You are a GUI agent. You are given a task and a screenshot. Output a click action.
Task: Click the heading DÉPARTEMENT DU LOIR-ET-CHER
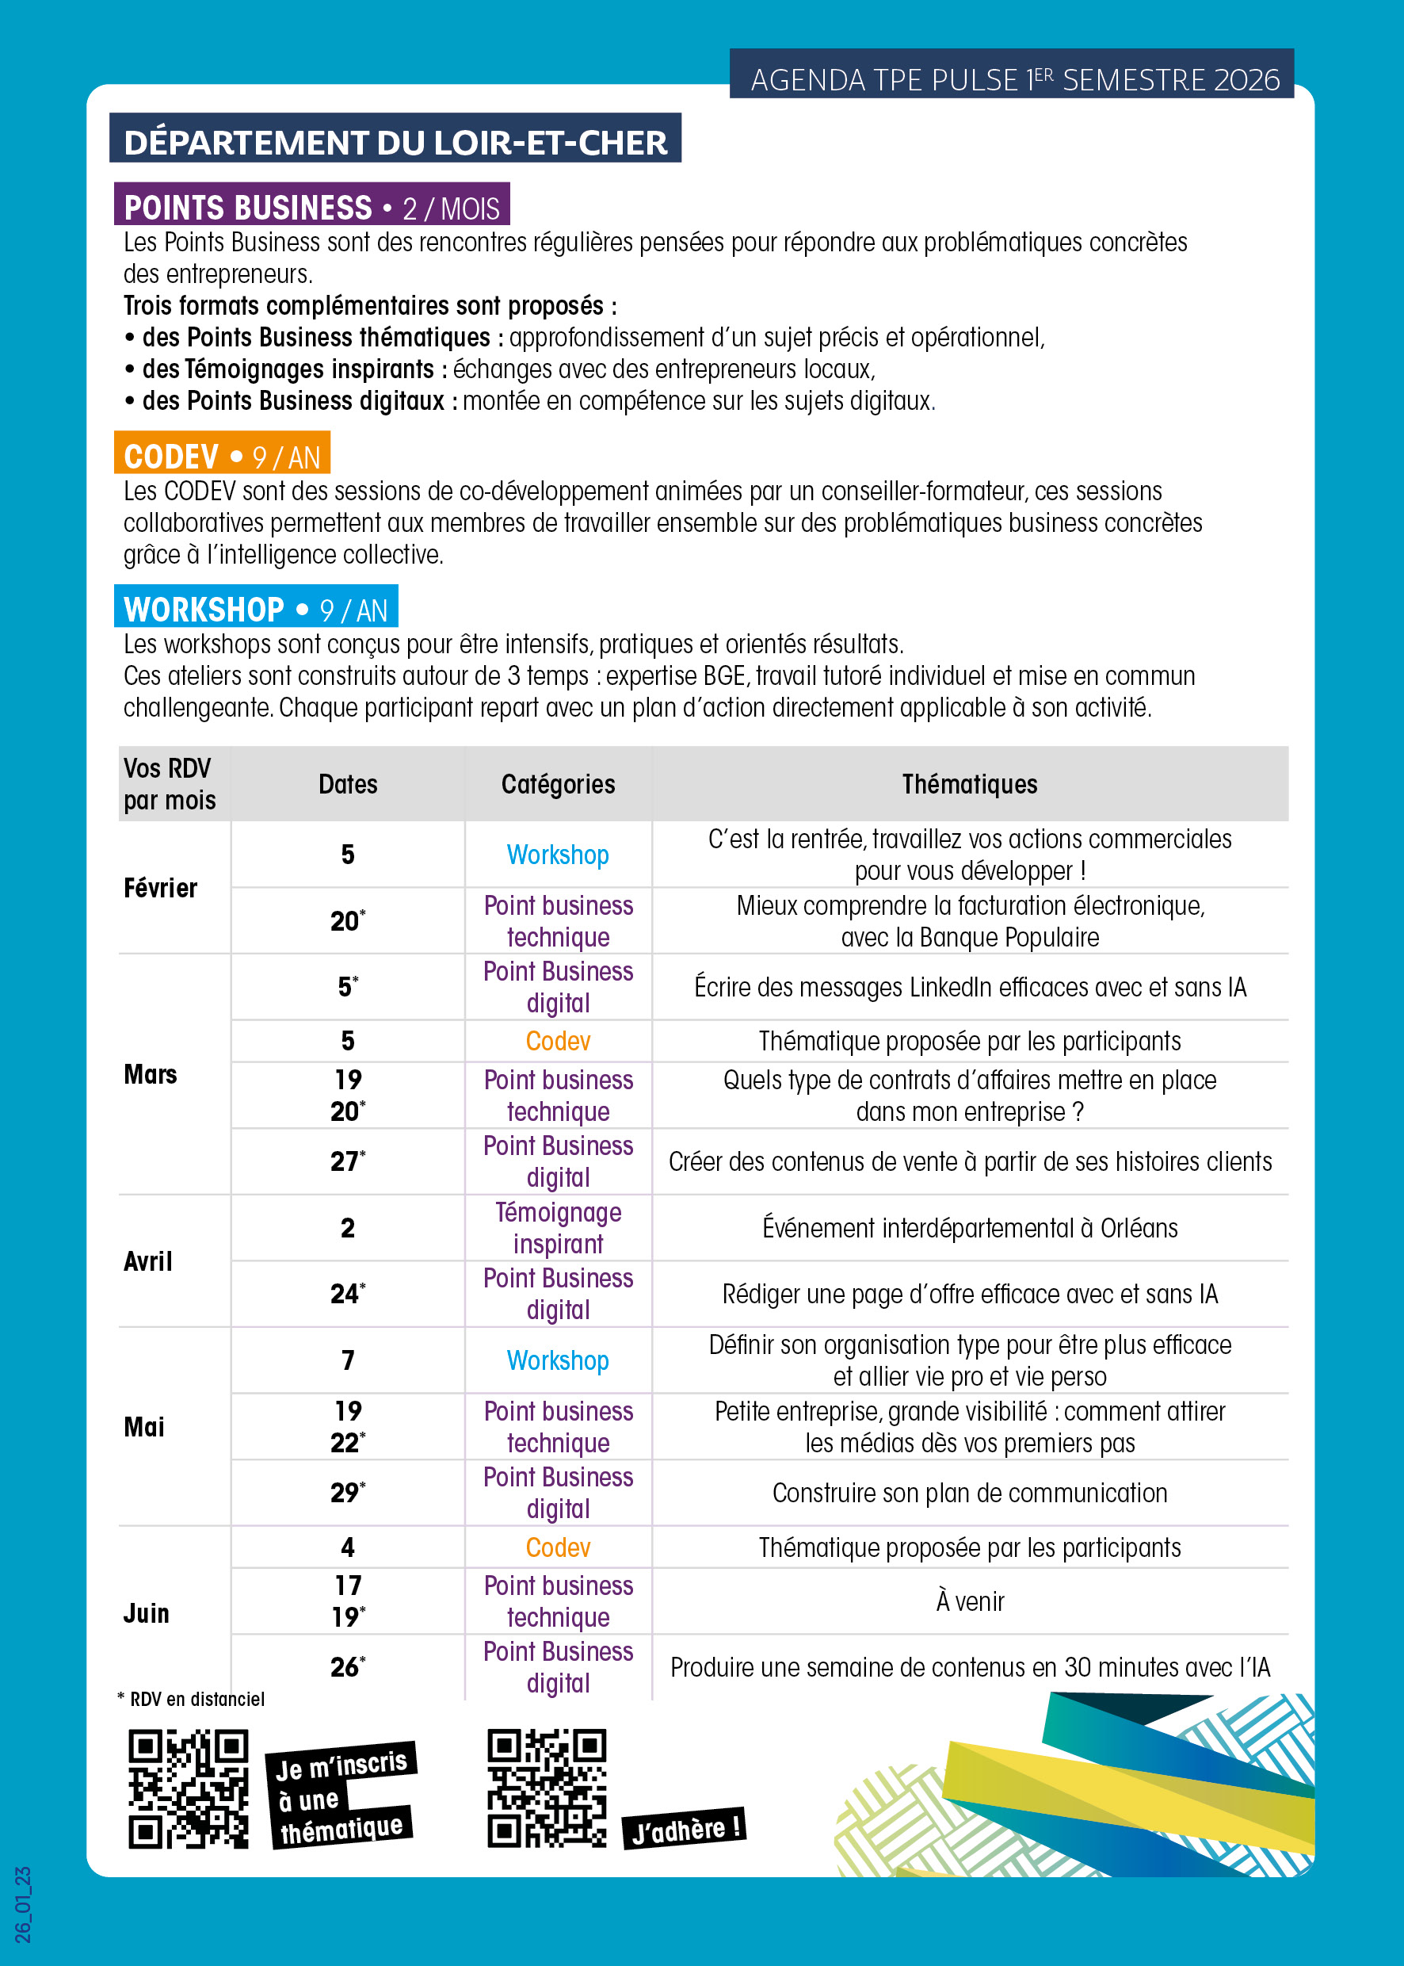(395, 141)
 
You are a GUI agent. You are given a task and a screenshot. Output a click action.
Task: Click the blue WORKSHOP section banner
(255, 609)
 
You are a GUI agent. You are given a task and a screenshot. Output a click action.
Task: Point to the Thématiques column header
(969, 784)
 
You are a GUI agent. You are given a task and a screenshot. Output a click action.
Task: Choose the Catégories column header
(558, 784)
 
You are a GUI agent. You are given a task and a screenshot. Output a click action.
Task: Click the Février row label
(161, 887)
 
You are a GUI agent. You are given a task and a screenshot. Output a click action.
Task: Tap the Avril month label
(149, 1261)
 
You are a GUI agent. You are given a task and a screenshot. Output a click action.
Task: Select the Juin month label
(147, 1613)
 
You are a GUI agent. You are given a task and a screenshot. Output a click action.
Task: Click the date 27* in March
(348, 1161)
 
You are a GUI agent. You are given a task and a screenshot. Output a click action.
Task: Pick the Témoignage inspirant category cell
(558, 1227)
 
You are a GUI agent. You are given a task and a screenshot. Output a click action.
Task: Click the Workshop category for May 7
(558, 1360)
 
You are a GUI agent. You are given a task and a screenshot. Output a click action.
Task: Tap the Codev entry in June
(558, 1547)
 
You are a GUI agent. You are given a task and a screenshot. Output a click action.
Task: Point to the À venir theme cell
(969, 1601)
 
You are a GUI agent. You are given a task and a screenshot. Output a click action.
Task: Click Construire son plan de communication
(969, 1492)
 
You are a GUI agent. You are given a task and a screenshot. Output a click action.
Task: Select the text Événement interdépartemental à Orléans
(969, 1227)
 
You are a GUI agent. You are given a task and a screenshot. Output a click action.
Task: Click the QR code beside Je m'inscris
(189, 1788)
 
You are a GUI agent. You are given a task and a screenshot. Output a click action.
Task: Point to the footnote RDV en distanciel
(192, 1699)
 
